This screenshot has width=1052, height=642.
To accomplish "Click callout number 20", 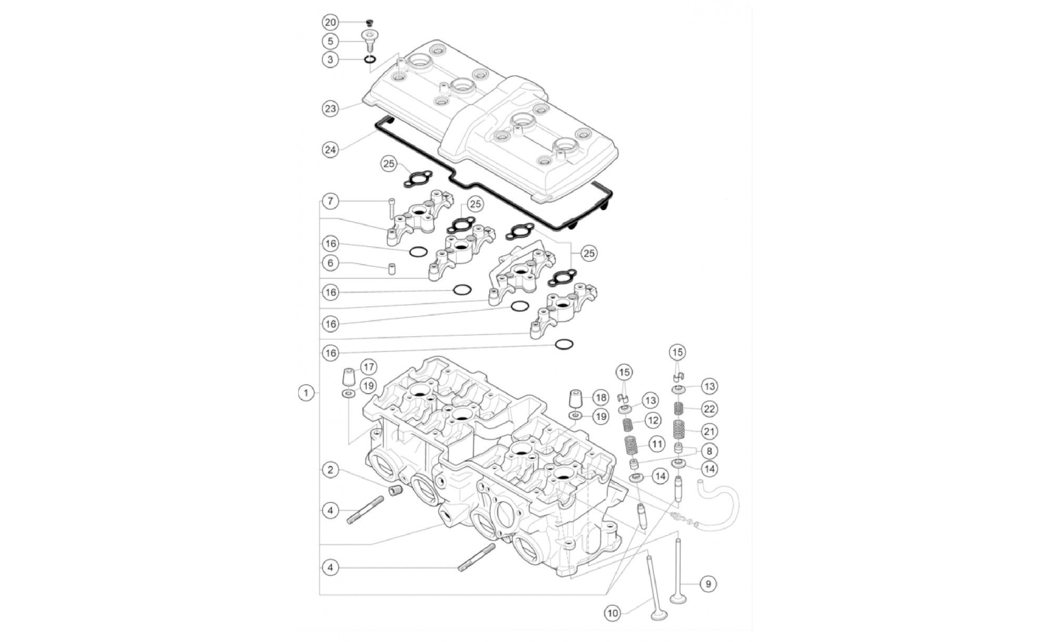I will click(x=330, y=22).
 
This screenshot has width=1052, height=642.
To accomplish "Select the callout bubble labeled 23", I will click(x=330, y=109).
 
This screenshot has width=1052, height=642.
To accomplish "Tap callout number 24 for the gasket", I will click(x=330, y=149).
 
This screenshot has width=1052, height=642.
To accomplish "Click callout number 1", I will click(x=306, y=393).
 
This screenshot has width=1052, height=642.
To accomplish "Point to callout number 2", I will click(x=330, y=470).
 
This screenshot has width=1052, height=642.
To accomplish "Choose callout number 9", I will click(x=709, y=584).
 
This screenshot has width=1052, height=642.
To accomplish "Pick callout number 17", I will click(x=368, y=367).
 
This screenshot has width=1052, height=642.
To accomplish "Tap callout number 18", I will click(x=601, y=397).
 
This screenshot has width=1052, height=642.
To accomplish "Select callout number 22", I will click(x=710, y=409).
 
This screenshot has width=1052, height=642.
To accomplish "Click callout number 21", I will click(x=710, y=432).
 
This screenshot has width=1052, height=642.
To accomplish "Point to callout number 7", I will click(x=330, y=201).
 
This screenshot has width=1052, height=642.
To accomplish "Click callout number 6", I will click(x=330, y=263).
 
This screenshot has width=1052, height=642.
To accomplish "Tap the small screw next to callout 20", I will click(x=369, y=23).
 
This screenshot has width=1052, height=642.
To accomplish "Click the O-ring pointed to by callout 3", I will click(x=370, y=58).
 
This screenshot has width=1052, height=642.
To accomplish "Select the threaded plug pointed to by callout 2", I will click(x=396, y=490).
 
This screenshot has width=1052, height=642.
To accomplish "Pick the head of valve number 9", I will click(x=677, y=598).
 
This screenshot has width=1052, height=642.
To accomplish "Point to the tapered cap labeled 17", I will click(x=349, y=378).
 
